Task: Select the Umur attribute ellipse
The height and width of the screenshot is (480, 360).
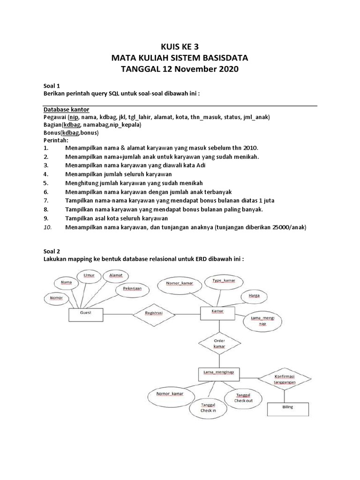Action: pos(89,277)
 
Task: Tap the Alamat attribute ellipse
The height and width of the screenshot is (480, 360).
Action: pos(115,277)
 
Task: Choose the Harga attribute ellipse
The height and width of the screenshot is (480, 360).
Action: pos(254,297)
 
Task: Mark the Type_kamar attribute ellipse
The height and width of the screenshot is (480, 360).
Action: pos(224,282)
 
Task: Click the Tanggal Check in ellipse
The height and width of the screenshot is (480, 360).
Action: pos(208,406)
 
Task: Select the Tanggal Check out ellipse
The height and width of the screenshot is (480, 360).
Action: pos(243,397)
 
